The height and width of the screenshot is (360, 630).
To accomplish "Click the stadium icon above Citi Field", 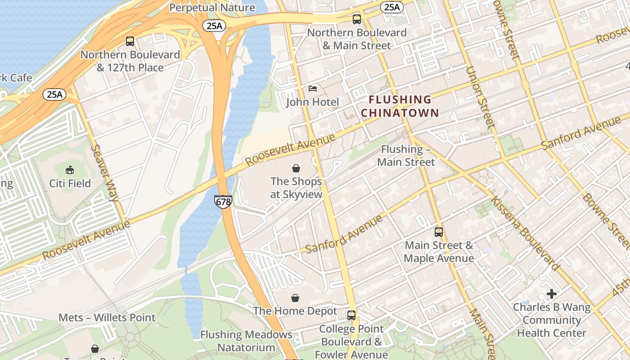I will coord(70,170).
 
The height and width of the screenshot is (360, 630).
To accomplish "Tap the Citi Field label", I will coord(70,184).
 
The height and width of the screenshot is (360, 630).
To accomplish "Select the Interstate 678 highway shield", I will coord(223,201).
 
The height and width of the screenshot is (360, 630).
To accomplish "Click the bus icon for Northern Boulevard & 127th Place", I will coord(130,41).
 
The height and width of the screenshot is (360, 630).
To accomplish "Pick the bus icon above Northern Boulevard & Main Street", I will coord(357,19).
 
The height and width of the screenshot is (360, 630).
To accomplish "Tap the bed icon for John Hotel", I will coord(313,89).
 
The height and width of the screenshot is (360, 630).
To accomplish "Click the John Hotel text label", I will coord(313,102).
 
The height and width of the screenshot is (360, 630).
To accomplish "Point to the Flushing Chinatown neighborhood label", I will coord(400,106).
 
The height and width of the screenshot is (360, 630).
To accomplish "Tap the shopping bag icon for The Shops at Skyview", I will coord(296,168).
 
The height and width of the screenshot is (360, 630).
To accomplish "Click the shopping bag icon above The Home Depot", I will coord(295,298).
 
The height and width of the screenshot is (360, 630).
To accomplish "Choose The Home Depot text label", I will coord(295,311).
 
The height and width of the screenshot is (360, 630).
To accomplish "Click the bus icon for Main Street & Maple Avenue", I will coord(439,232).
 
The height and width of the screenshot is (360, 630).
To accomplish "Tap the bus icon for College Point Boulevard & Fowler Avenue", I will coord(351,315).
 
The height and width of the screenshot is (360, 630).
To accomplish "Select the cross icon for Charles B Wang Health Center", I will coord(552,294).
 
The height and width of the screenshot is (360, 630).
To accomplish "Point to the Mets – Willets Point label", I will coord(107,318).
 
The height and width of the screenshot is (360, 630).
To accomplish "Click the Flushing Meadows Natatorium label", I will coord(246,341).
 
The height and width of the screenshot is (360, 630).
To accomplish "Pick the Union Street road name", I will coord(480,97).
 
